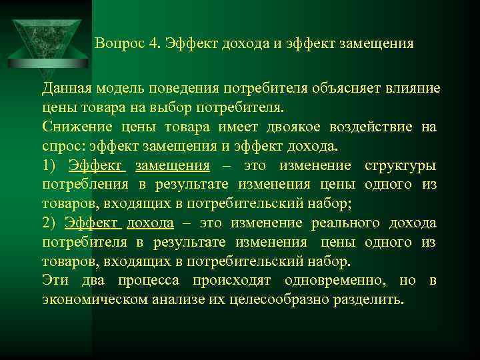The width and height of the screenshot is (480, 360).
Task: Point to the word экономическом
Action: (x=90, y=300)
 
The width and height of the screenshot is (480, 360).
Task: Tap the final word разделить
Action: (x=371, y=300)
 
